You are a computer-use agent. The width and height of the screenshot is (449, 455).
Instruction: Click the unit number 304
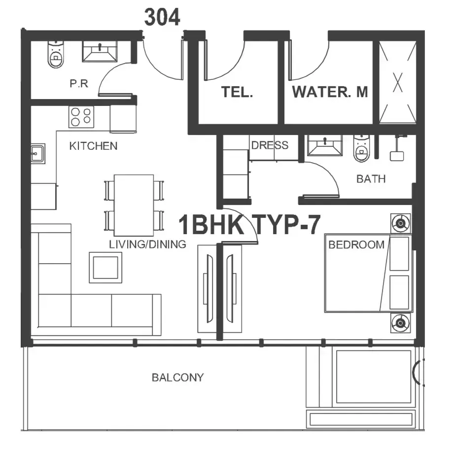(162, 17)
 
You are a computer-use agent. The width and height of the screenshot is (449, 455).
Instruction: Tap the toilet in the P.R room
(55, 54)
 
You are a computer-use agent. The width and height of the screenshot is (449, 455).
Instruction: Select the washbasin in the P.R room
(100, 51)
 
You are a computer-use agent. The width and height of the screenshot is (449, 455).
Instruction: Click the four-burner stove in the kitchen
(81, 117)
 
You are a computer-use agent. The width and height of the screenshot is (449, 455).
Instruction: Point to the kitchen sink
(38, 153)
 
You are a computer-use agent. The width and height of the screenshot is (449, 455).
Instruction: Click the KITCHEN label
(93, 146)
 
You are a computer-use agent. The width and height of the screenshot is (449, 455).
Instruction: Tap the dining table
(134, 205)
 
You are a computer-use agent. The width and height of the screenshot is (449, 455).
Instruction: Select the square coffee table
(105, 268)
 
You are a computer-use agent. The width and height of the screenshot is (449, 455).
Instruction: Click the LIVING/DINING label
(148, 245)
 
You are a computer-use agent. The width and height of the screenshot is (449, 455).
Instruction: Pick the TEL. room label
(237, 92)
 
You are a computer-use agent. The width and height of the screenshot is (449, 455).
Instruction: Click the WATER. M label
(330, 92)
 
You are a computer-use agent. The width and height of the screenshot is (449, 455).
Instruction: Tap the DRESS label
(270, 145)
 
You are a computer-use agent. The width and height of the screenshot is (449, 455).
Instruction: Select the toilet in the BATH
(361, 148)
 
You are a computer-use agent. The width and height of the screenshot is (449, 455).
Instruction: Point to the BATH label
(371, 179)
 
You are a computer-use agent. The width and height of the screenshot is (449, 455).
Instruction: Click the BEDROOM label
(356, 245)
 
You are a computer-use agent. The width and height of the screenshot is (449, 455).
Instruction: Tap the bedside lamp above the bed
(401, 223)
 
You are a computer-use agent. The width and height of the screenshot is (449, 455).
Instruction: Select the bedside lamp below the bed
(401, 323)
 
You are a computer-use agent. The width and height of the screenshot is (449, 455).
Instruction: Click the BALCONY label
(178, 378)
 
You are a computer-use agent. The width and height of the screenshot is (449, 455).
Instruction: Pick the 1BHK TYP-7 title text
(249, 225)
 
